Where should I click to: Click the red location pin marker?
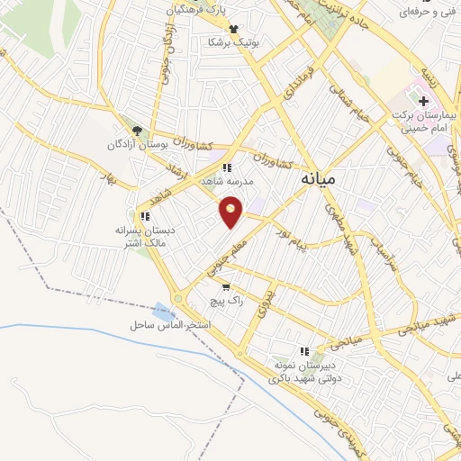click(231, 212)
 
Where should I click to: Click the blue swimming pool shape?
click(163, 311)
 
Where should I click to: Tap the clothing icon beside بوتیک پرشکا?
click(234, 30)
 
